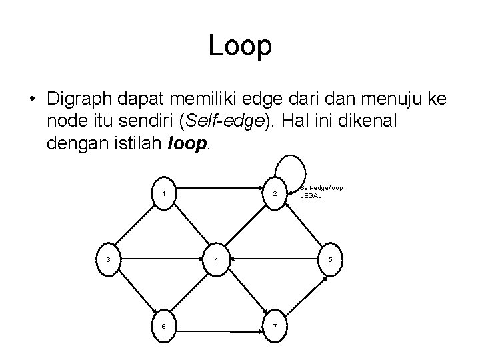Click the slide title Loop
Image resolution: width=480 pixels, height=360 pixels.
pos(240,45)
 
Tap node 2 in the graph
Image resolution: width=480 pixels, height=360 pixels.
pos(274,194)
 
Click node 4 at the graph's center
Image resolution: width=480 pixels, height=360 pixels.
pos(217,259)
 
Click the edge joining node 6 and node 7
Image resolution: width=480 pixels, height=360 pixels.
pos(219,331)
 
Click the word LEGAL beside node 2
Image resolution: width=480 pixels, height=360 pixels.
pos(311,196)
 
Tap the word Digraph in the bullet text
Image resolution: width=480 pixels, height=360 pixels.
pos(81,99)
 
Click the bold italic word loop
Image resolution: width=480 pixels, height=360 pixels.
pos(189,143)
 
